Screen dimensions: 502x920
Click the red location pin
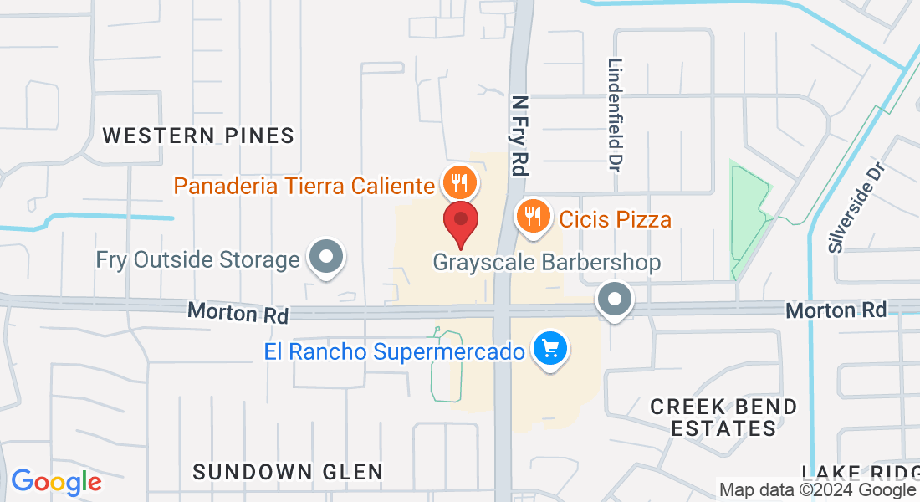tap(460, 219)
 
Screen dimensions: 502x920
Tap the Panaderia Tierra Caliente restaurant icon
tap(458, 182)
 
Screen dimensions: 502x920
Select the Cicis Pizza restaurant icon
tap(531, 217)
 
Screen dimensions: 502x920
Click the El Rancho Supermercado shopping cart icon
tap(550, 349)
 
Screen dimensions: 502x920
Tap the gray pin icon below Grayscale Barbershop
tap(616, 299)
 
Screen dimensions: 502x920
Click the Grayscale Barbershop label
tap(546, 262)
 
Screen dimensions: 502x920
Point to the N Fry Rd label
tap(519, 135)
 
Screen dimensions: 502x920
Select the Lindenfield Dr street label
tap(616, 111)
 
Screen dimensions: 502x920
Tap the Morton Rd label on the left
tap(238, 313)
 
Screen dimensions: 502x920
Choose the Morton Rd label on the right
tap(836, 310)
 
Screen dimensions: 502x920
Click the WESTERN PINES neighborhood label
tap(198, 136)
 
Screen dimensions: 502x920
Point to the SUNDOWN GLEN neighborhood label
tap(288, 472)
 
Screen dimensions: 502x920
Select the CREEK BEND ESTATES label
tap(724, 417)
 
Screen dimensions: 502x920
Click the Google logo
tap(56, 482)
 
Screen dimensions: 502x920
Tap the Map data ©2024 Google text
tap(817, 490)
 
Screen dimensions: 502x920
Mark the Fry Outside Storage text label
tap(197, 259)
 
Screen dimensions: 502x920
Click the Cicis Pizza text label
tap(615, 219)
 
